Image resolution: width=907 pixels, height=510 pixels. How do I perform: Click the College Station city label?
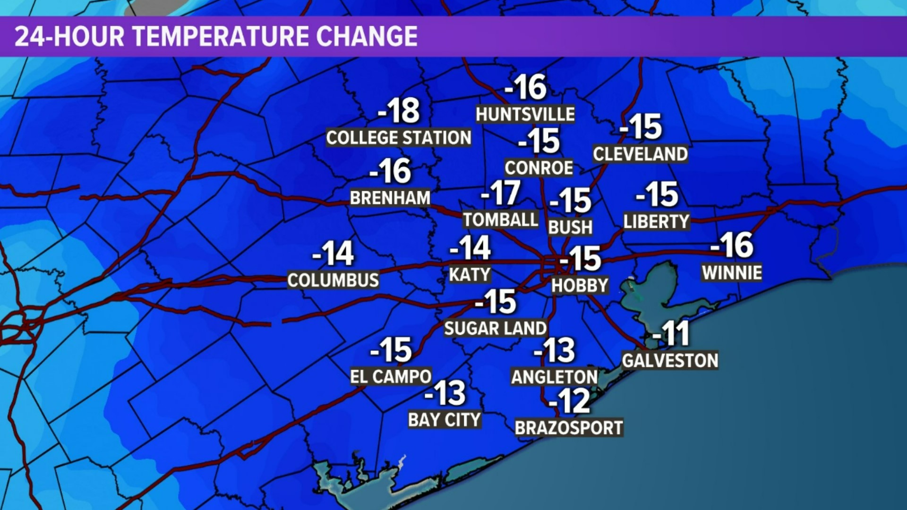coord(399,138)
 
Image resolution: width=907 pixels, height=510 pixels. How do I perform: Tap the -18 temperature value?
coord(399,111)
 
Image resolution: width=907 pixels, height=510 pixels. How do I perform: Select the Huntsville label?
coord(525,114)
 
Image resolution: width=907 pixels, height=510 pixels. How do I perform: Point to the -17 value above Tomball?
coord(501,193)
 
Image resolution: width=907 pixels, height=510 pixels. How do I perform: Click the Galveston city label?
coord(670,361)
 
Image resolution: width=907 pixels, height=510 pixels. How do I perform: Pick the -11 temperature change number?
coord(671,334)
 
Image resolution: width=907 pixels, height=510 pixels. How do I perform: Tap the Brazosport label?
coord(569,428)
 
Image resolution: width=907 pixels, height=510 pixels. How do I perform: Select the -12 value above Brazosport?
coord(570,401)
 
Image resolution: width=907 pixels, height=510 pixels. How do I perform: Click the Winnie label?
coord(732,272)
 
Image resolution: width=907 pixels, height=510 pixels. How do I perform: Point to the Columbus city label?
coord(333,280)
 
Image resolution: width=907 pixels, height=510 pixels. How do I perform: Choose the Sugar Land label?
coord(496,328)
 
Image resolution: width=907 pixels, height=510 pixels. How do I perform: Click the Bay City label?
coord(445,420)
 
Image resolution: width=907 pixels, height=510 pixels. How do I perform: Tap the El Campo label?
coord(391,377)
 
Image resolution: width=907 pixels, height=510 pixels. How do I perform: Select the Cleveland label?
coord(641,154)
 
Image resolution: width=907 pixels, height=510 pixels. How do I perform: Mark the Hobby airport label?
coord(580,285)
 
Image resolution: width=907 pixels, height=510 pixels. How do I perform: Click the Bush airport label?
coord(570,228)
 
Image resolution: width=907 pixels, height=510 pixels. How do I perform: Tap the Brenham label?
coord(390,198)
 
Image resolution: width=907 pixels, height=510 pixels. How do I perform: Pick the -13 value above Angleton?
coord(555,351)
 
